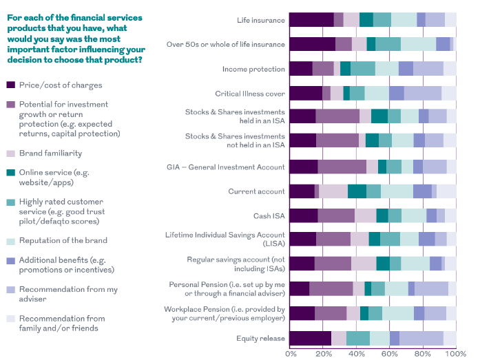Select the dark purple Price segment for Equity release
coord(310,337)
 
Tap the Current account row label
coord(256,191)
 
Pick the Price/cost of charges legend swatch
coord(10,85)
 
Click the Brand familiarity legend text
coord(50,153)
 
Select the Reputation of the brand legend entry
coord(63,240)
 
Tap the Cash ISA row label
coord(269,216)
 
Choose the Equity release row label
coord(260,338)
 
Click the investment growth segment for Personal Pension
coord(331,288)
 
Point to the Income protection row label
coord(253,69)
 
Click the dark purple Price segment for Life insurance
coord(311,20)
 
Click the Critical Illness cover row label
coord(250,94)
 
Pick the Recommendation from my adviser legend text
coord(58,294)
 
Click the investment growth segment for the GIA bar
coord(342,167)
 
